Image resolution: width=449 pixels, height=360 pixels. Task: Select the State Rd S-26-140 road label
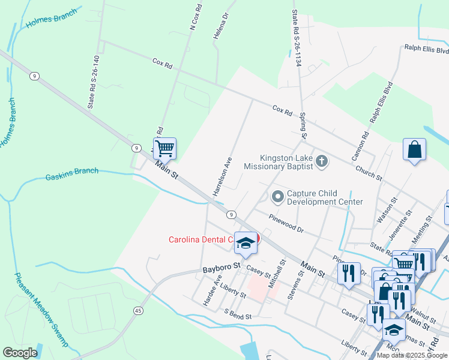click(94, 82)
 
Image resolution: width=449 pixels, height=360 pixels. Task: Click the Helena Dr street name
click(221, 26)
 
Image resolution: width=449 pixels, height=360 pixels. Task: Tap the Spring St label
click(303, 125)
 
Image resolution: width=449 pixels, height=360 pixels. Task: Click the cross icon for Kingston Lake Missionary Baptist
click(322, 161)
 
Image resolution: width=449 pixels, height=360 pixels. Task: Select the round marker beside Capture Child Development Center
click(277, 196)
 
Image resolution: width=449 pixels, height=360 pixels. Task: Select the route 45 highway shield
click(139, 311)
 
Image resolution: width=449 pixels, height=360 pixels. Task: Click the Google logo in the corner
click(20, 353)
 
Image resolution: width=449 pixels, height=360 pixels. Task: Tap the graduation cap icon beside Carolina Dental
click(245, 242)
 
